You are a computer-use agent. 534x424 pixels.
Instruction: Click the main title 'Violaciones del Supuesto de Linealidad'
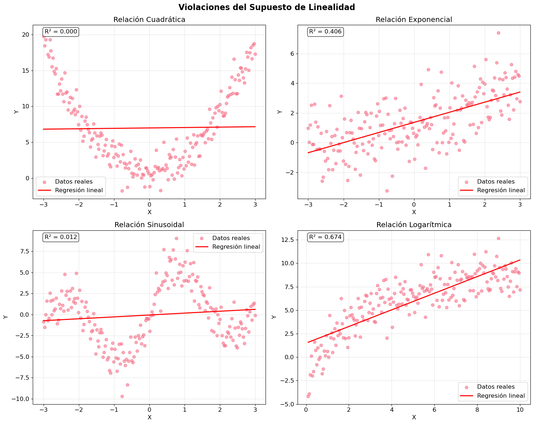[267, 7]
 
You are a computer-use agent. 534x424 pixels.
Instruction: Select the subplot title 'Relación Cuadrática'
[149, 20]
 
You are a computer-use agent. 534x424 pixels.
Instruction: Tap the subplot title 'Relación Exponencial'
[414, 20]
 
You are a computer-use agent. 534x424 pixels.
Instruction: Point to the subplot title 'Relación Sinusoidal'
[149, 225]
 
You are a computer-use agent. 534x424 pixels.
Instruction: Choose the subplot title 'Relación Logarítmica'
[414, 225]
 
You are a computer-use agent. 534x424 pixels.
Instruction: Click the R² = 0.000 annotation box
[61, 32]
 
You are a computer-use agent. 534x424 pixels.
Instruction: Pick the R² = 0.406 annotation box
[325, 32]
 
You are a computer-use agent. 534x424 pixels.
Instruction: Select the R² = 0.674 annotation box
[325, 237]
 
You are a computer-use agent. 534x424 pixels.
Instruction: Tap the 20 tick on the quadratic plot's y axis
[26, 35]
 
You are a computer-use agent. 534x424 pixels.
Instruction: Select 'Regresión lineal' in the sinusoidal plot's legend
[236, 247]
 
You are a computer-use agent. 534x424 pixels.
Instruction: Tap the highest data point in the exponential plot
[498, 33]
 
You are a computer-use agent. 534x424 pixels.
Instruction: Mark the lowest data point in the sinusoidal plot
[122, 396]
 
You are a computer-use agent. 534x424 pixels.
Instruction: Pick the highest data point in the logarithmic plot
[498, 238]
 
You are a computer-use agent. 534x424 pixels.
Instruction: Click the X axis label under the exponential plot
[414, 212]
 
